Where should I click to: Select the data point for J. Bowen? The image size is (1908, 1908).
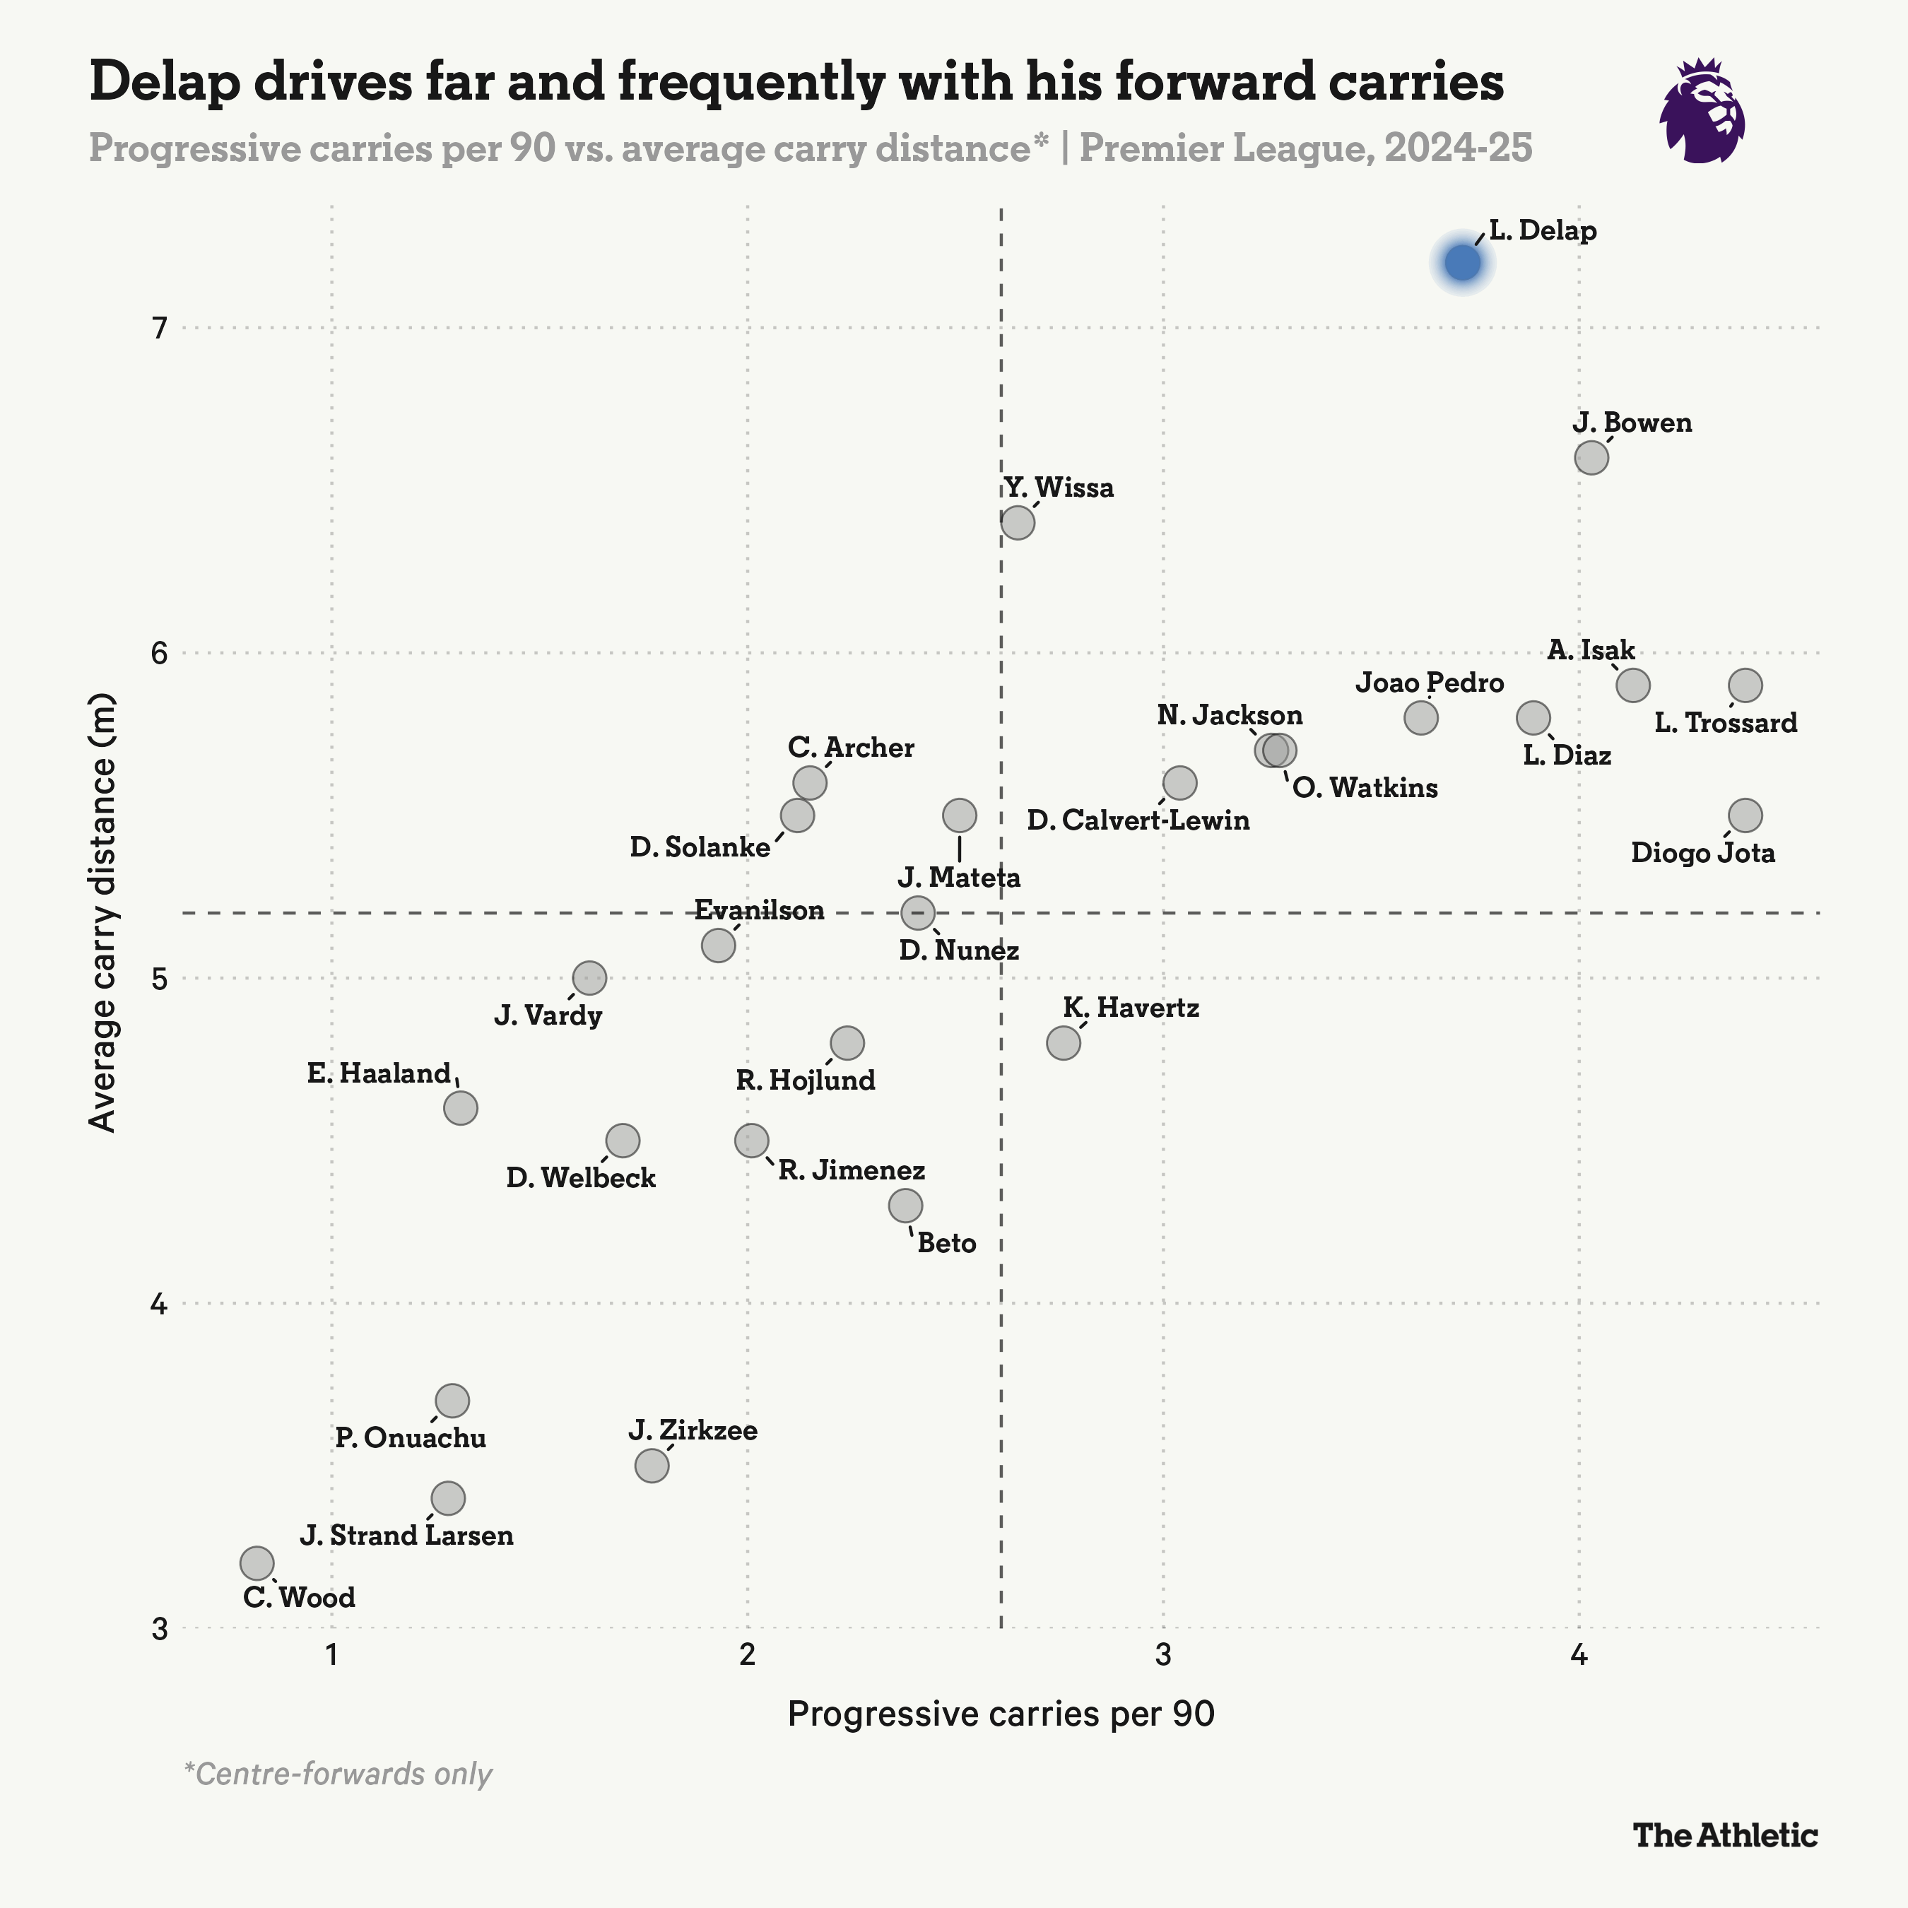[x=1591, y=457]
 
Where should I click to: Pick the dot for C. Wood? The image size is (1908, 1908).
[x=257, y=1563]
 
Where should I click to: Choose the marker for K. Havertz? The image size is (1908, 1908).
[x=1064, y=1043]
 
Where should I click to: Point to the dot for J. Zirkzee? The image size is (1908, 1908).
[x=652, y=1466]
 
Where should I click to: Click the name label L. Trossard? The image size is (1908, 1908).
[x=1725, y=723]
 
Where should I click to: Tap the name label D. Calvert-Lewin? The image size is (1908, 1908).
[x=1138, y=820]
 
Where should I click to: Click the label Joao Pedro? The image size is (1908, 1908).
[x=1429, y=683]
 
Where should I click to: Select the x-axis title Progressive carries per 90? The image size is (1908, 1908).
[x=1001, y=1714]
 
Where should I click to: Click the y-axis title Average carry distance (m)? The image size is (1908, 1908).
[x=102, y=914]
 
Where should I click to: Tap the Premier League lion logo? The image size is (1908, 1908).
[x=1702, y=111]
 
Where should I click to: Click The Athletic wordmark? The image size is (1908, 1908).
[x=1724, y=1835]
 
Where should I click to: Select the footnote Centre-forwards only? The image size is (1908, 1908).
[x=338, y=1774]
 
